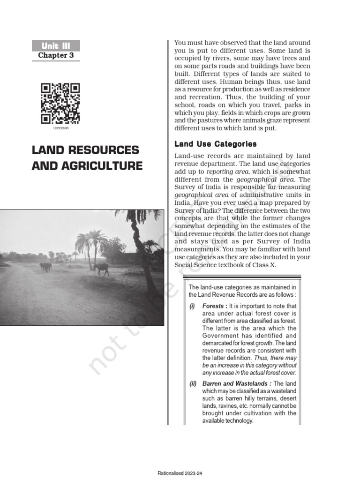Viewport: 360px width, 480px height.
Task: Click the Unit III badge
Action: click(56, 45)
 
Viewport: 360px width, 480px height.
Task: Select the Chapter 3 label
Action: click(56, 55)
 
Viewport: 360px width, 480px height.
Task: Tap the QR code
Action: click(60, 103)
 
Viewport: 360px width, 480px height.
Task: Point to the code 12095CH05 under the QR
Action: click(60, 127)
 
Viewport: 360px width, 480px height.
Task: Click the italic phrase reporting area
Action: click(223, 172)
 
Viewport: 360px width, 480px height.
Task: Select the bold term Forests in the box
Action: click(214, 306)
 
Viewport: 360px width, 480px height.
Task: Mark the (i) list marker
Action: click(192, 306)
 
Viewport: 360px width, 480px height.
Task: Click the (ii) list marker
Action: click(193, 383)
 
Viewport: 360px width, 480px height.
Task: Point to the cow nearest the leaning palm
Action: click(102, 268)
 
